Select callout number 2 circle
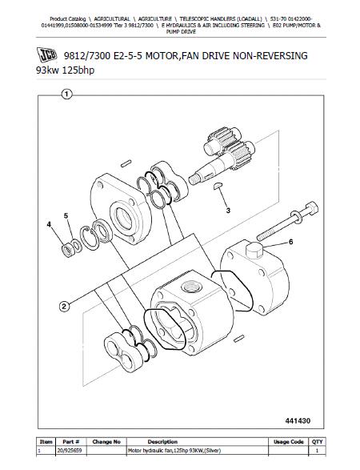(x=65, y=305)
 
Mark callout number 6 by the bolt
(x=291, y=242)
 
